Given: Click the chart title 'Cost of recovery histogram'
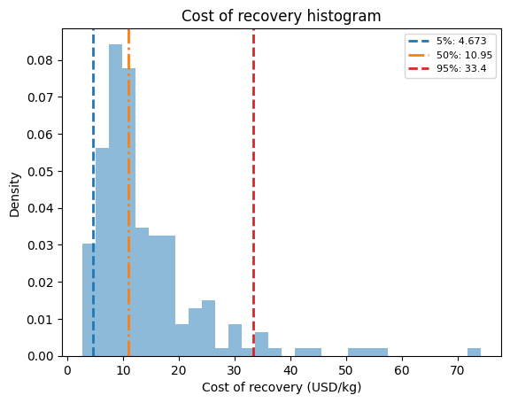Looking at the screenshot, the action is point(281,16).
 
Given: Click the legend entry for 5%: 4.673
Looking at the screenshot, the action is point(447,41).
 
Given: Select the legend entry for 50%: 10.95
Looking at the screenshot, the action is point(450,55).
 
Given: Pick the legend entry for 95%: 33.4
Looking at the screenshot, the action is point(447,68).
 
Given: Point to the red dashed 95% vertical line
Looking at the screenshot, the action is point(253,192).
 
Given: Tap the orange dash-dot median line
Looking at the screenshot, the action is point(128,192).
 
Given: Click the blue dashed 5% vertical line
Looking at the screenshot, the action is point(93,192).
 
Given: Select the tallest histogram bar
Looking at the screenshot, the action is point(115,200).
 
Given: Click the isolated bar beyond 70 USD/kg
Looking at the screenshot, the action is point(474,353).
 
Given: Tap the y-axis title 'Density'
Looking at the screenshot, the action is point(15,195).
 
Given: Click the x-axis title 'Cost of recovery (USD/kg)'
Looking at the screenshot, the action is point(282,387).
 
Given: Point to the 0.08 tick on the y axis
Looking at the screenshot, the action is point(60,60).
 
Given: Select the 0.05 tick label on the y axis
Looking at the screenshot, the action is point(40,172).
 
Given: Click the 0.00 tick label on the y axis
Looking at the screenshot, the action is point(40,356).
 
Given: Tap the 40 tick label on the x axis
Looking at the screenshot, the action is point(290,370).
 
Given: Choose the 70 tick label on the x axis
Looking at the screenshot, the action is point(458,370).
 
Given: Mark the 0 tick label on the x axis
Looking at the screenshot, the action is point(67,370).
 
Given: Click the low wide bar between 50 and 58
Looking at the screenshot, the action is point(367,353).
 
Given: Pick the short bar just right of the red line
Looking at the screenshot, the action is point(261,345).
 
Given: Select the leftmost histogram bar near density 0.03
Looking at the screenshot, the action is point(89,300).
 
